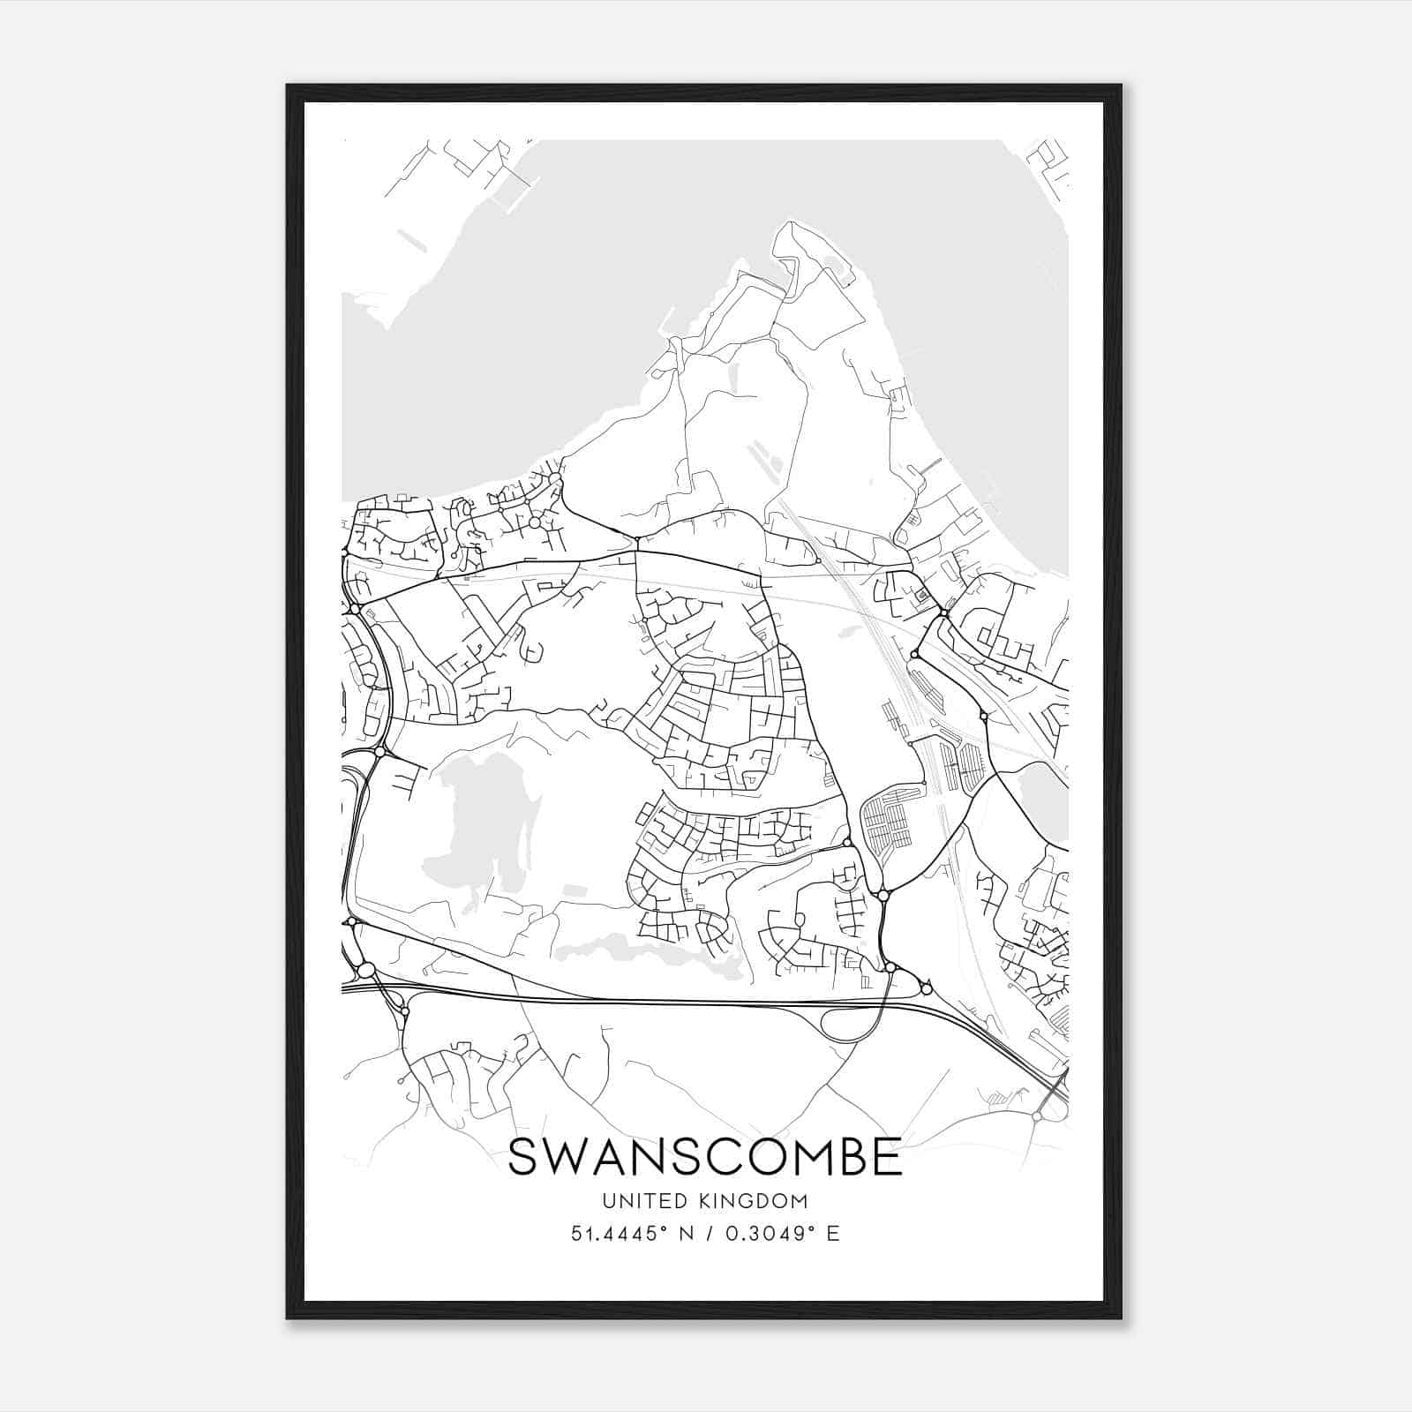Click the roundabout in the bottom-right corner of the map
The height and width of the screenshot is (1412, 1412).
(x=1036, y=1117)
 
